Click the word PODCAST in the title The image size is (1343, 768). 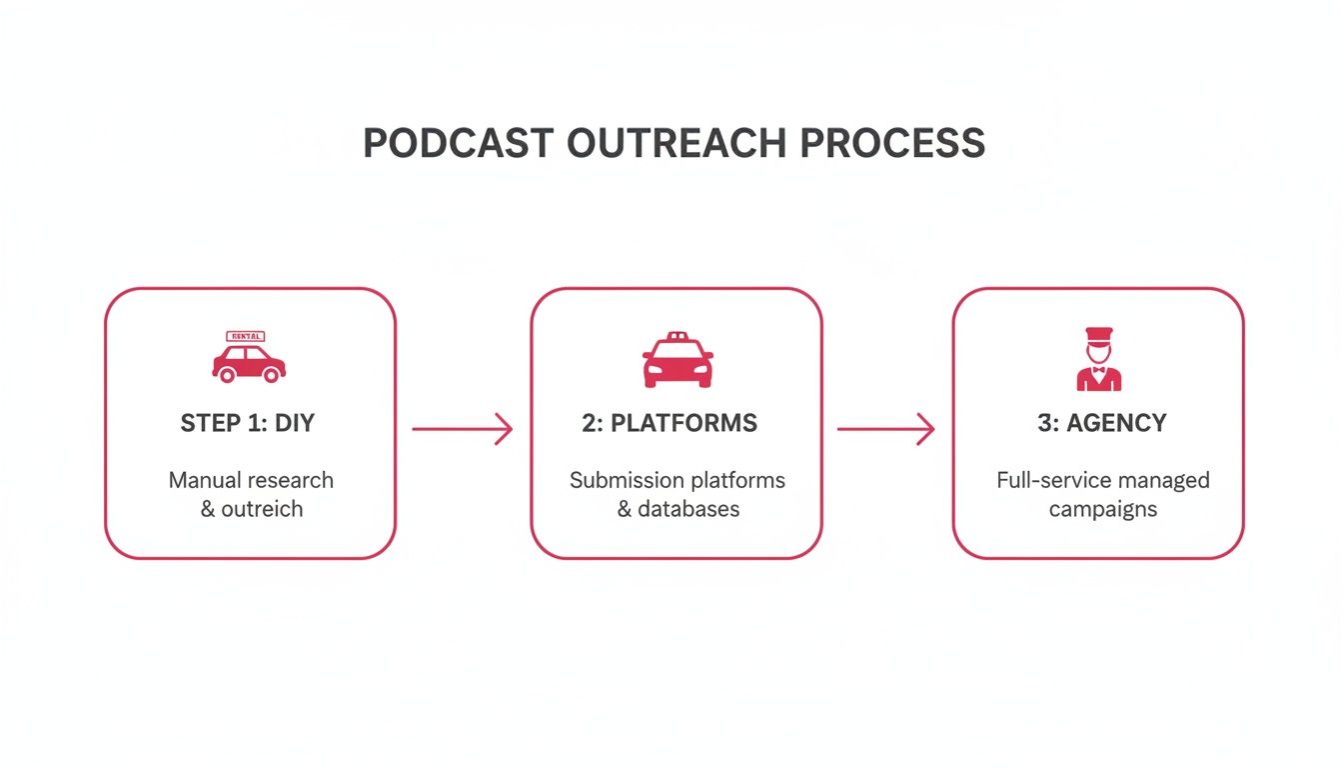coord(458,143)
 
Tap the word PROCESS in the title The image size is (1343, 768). coord(893,143)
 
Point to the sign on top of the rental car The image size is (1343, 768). coord(246,337)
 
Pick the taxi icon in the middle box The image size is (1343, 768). coord(677,360)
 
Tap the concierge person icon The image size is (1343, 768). coord(1098,360)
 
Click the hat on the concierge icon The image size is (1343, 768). coord(1098,335)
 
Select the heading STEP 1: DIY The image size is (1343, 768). coord(248,423)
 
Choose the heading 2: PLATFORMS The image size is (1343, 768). coord(670,423)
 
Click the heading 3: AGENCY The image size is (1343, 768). coord(1102,423)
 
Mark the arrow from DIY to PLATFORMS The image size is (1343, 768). coord(462,430)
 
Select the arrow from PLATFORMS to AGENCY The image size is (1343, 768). coord(885,430)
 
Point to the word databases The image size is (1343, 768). coord(689,509)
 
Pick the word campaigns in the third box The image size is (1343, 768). coord(1102,509)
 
